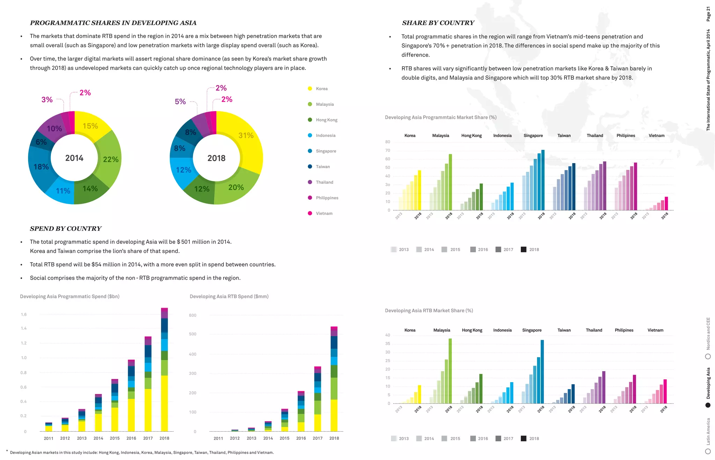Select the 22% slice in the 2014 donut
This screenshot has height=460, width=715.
[110, 159]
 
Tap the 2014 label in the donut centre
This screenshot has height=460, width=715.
[74, 158]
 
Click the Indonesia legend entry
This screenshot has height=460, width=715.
[325, 136]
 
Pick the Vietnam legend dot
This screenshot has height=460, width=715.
[310, 213]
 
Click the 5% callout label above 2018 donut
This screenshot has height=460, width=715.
[180, 102]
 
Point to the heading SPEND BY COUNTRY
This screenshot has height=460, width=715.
[66, 229]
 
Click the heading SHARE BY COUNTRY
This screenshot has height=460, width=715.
[438, 23]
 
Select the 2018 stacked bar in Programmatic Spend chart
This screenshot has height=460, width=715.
[164, 370]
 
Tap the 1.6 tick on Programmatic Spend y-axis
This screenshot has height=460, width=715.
[24, 314]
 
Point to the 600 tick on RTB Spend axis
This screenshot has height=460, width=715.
[192, 315]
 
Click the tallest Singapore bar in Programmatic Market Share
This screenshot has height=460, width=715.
[543, 180]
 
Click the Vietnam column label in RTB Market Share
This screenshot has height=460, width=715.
[655, 330]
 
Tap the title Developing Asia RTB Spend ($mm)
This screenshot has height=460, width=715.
[229, 297]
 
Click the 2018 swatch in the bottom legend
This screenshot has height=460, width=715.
[523, 438]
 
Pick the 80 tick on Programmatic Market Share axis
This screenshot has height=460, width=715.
[388, 142]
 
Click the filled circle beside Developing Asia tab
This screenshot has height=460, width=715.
[708, 405]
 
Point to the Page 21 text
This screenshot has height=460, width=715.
[708, 14]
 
